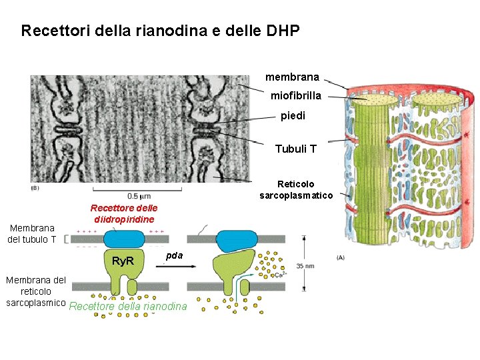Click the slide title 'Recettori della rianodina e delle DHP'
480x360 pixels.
[160, 31]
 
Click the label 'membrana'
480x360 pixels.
[292, 77]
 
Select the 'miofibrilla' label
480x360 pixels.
[295, 96]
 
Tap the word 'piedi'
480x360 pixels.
[293, 116]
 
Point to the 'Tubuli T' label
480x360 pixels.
[295, 149]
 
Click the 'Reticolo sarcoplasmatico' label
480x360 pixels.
[295, 189]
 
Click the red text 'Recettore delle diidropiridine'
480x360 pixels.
[123, 213]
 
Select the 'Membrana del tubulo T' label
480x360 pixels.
[33, 233]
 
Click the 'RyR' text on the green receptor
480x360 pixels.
[122, 260]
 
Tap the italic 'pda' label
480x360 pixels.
[173, 255]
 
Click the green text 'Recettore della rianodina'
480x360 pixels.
[127, 307]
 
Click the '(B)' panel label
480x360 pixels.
[35, 188]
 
